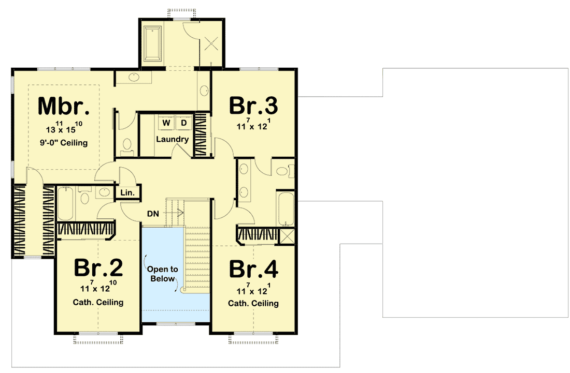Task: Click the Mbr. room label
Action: point(64,107)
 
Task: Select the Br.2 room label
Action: point(98,267)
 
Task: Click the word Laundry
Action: point(172,139)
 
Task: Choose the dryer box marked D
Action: point(183,123)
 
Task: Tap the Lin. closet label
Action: point(127,192)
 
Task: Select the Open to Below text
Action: point(162,274)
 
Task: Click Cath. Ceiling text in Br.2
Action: point(98,302)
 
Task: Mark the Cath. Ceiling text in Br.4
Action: point(253,303)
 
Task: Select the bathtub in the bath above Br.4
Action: point(286,210)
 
